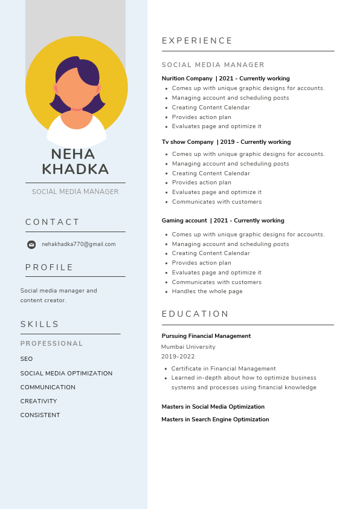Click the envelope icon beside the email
[x=31, y=245]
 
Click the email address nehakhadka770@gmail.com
[x=79, y=244]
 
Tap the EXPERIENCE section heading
[x=198, y=41]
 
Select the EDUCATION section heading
[x=196, y=314]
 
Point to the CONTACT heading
[x=53, y=222]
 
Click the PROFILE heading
[x=50, y=268]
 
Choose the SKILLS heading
[x=40, y=325]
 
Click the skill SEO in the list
[x=27, y=359]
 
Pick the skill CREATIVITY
[x=39, y=401]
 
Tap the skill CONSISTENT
[x=40, y=415]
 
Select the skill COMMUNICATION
[x=48, y=387]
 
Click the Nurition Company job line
[x=225, y=79]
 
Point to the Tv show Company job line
[x=226, y=142]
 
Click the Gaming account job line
[x=223, y=221]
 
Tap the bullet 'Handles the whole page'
[x=207, y=291]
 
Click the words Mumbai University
[x=188, y=347]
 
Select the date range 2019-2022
[x=178, y=357]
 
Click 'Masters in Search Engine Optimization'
[x=215, y=420]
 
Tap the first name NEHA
[x=73, y=154]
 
